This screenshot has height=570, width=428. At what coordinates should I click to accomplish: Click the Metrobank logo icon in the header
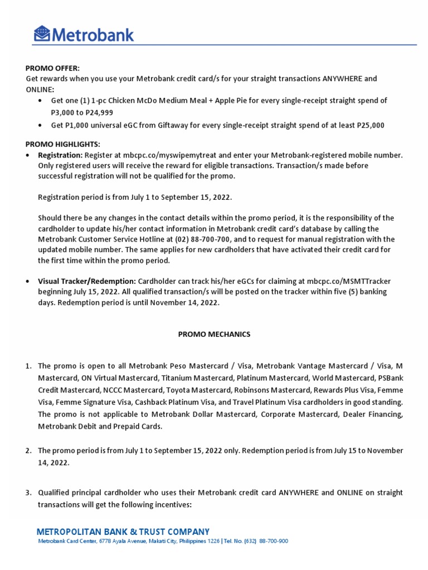pos(42,34)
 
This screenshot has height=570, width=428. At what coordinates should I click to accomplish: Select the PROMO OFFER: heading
pos(52,68)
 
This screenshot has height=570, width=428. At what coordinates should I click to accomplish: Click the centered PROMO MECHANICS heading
pos(214,335)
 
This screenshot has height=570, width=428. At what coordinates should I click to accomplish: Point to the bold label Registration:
pos(60,155)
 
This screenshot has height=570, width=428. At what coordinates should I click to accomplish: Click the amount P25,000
pos(368,125)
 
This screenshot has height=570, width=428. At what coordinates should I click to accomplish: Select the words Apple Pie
pos(241,101)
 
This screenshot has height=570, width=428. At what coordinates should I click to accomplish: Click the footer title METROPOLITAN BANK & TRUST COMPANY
pos(123,532)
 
